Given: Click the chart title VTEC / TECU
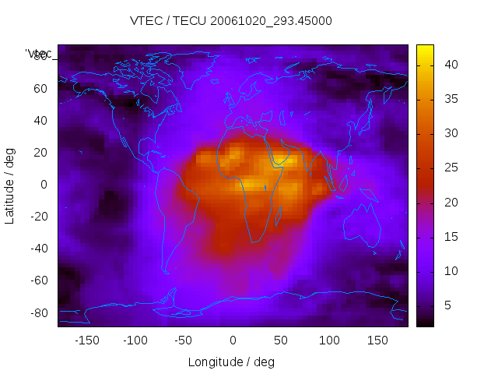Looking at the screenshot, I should click(x=231, y=21).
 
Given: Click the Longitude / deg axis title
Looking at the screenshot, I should click(x=231, y=362).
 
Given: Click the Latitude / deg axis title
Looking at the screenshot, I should click(x=10, y=184).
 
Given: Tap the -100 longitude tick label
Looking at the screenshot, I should click(x=135, y=340).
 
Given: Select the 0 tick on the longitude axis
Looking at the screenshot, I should click(x=233, y=340).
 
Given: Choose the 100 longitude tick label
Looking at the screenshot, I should click(x=329, y=340).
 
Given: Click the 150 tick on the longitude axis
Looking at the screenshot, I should click(x=377, y=340).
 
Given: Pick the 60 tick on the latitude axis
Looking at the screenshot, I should click(x=40, y=88).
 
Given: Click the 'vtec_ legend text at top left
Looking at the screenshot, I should click(x=39, y=54).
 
